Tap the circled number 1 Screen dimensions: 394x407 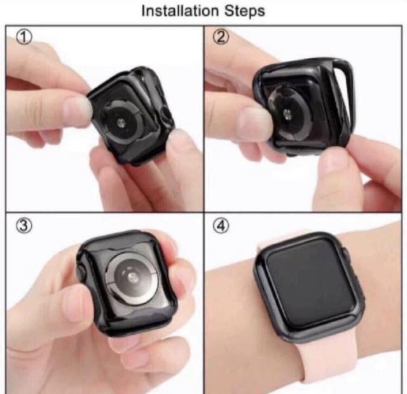(24, 37)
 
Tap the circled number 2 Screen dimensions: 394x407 (221, 37)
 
